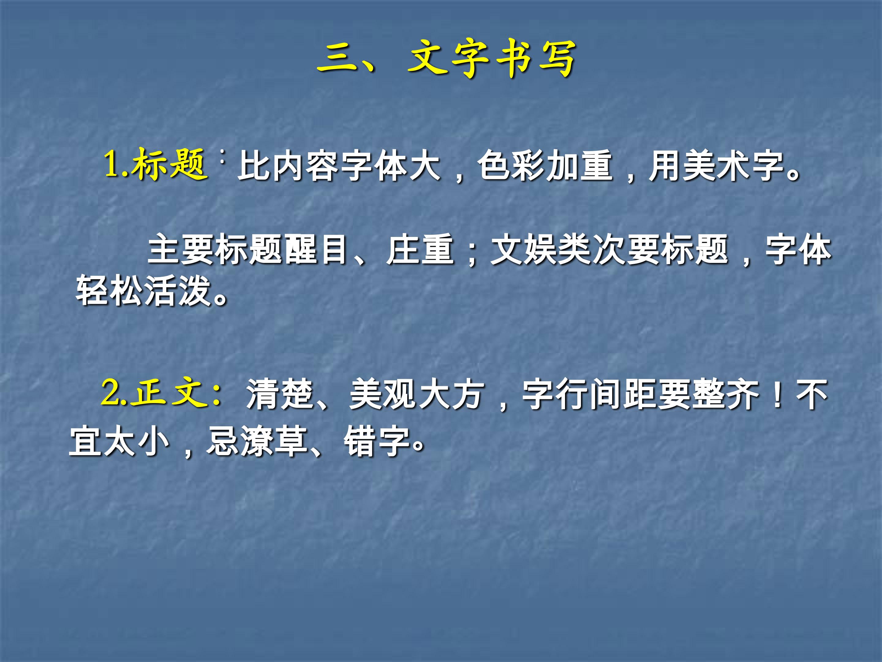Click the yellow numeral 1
tap(112, 164)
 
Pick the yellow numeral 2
tap(111, 394)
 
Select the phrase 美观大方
tap(417, 395)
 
